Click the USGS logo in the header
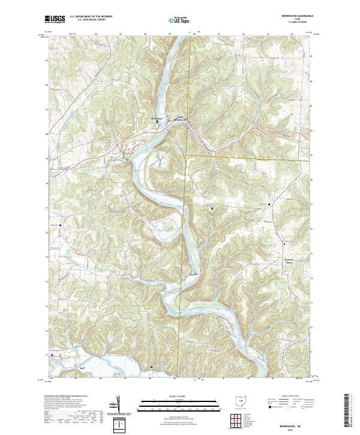tap(56, 19)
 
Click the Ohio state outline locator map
tap(241, 400)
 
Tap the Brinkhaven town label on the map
tap(157, 118)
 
